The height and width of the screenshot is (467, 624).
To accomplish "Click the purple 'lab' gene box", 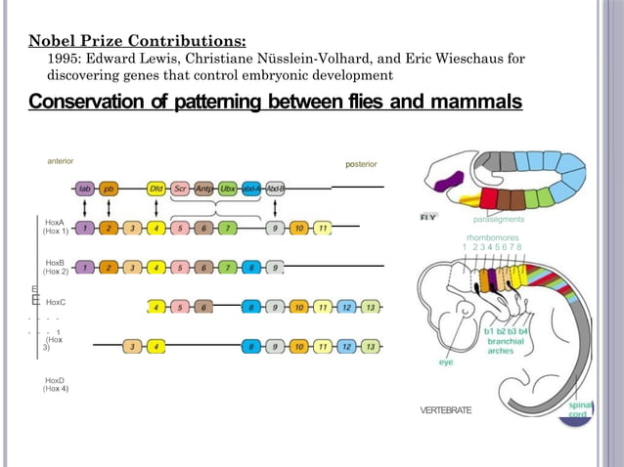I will (85, 188).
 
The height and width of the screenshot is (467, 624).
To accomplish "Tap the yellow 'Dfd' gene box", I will (156, 188).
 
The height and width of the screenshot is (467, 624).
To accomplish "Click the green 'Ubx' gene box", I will (227, 188).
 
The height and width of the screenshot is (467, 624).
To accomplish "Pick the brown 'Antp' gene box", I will (203, 188).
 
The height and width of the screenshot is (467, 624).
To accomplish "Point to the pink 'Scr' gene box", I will (180, 188).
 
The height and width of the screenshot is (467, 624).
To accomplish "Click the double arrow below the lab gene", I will (85, 208).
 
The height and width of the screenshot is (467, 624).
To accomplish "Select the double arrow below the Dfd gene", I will (156, 208).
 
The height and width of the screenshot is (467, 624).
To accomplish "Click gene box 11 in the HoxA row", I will (322, 229).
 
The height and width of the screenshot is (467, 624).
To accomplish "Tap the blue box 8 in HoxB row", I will (251, 267).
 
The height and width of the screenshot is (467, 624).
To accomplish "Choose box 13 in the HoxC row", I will (369, 307).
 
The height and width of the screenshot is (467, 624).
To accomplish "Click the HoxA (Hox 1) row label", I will (55, 228).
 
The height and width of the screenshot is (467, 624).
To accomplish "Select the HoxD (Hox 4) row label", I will (55, 384).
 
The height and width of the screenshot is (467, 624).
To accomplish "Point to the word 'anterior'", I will (61, 160).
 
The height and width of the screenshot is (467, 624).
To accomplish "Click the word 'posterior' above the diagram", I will (361, 164).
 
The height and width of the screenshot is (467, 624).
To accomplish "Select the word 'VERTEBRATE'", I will (445, 410).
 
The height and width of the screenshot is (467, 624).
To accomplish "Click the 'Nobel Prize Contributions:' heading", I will (137, 41).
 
